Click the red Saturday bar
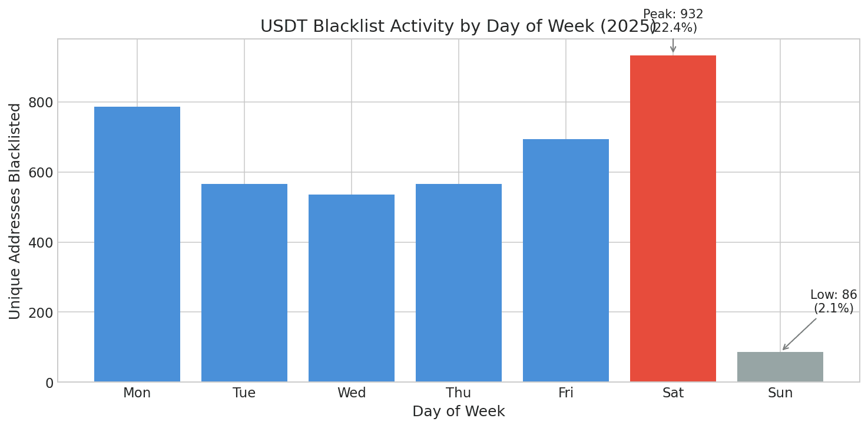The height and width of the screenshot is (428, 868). pos(672,218)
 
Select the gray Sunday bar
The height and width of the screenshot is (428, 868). pos(780,367)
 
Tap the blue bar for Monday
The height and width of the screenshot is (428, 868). pos(137,244)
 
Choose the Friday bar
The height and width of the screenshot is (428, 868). pos(565,260)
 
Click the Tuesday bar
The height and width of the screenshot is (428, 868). pos(244,282)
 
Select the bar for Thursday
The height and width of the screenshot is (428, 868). pos(458,282)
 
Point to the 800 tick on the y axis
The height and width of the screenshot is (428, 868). pos(40,103)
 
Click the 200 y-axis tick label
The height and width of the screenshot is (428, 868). pos(40,312)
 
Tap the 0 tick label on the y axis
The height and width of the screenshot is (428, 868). pos(48,383)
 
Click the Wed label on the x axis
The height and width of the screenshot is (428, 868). pos(351,393)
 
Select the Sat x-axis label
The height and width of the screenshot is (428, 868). pos(672,393)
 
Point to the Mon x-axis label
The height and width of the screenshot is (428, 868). pos(137,393)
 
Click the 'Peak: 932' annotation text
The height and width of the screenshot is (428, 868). pos(672,15)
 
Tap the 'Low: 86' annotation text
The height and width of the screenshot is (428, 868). pos(833,295)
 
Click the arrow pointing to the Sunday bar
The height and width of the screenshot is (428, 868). pos(799,334)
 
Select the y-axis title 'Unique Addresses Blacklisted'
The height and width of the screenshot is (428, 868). pos(15,210)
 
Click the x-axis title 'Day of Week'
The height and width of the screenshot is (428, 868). pos(458,412)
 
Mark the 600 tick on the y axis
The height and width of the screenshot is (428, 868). pos(40,173)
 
